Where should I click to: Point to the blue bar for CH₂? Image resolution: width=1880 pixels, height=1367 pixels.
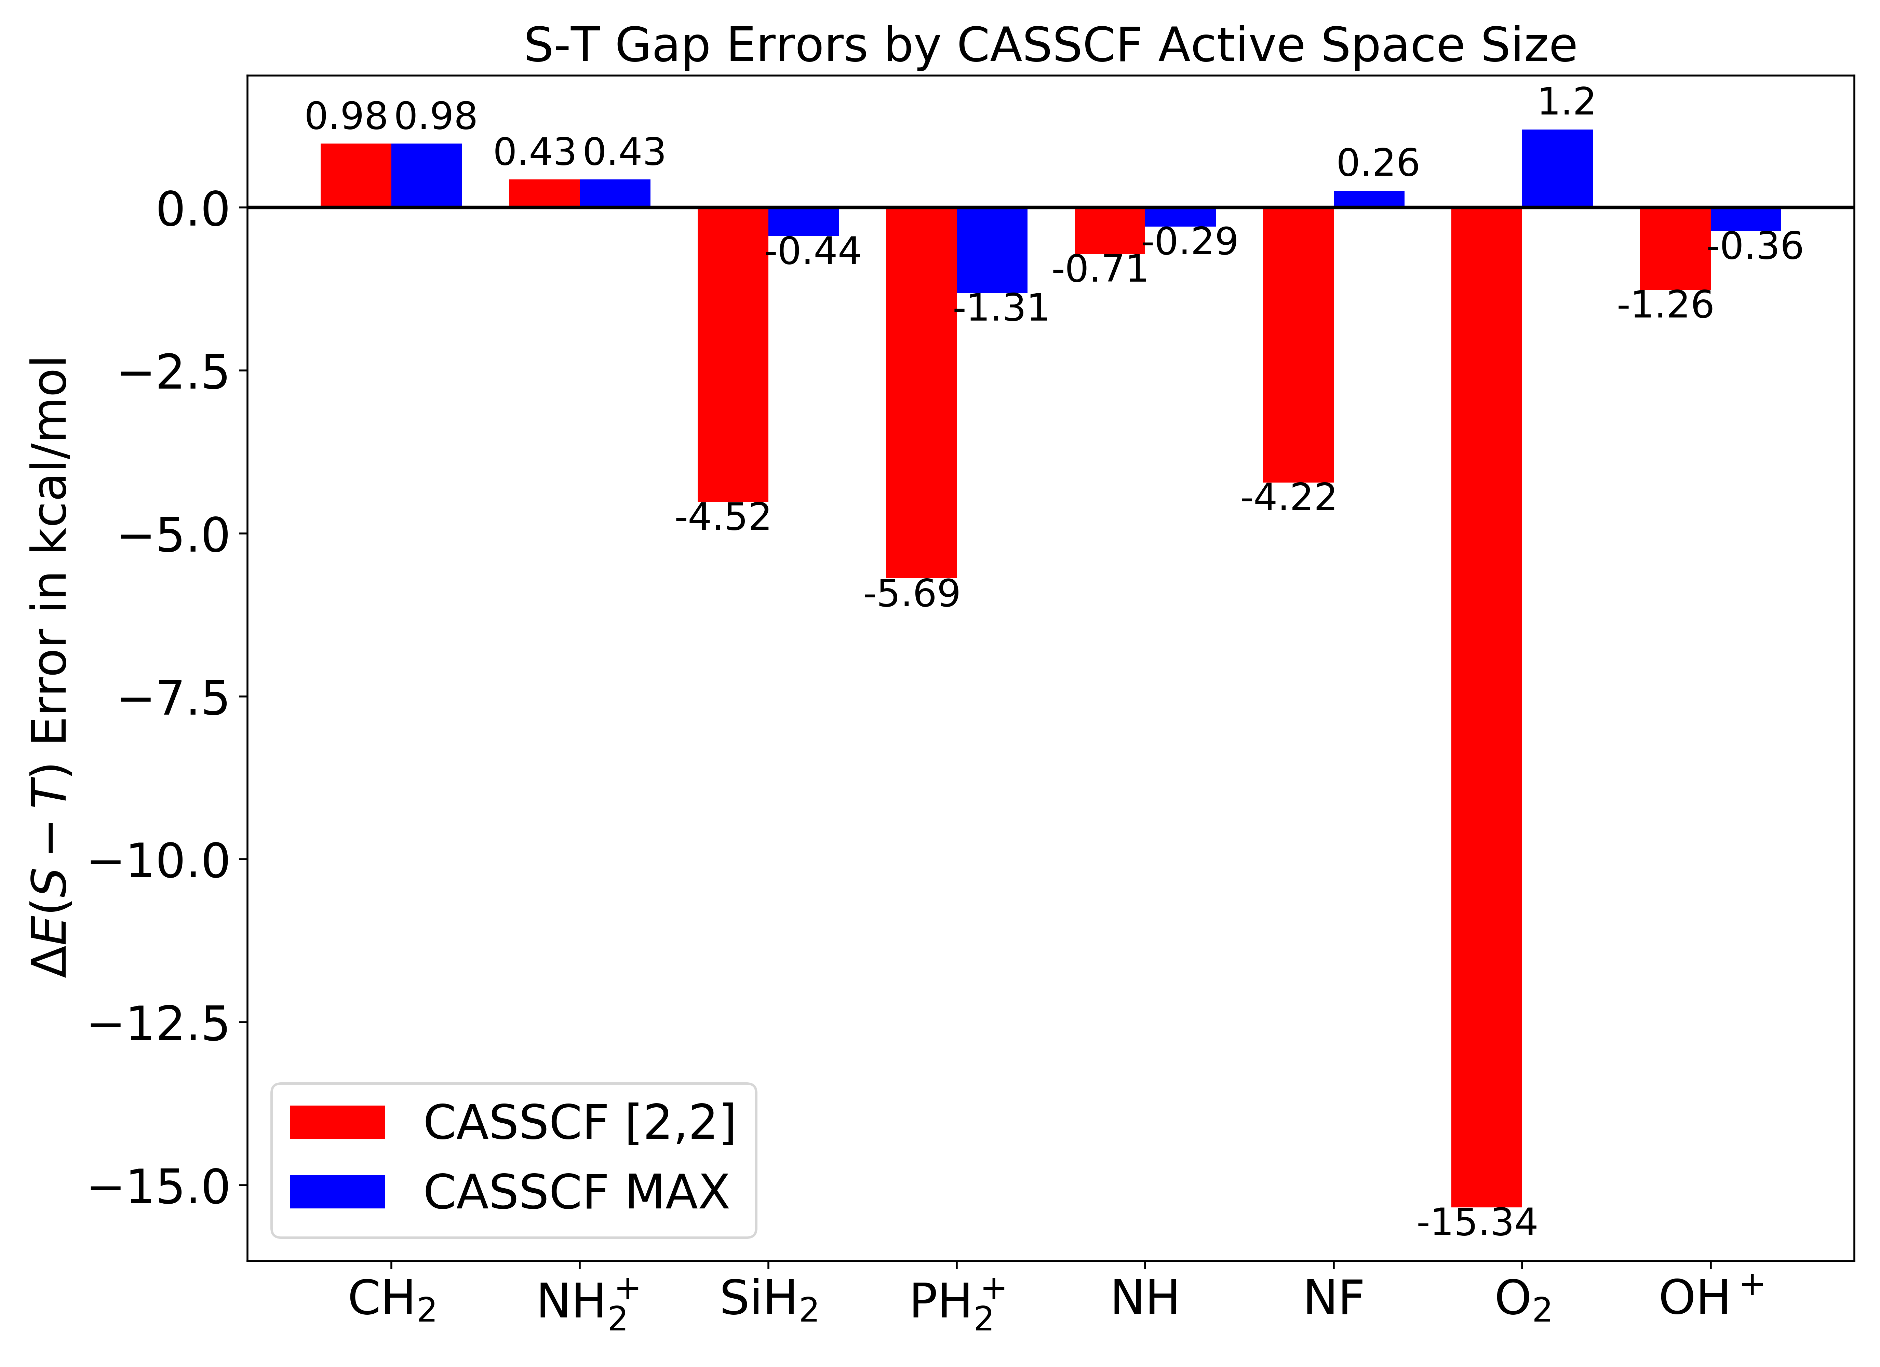[426, 175]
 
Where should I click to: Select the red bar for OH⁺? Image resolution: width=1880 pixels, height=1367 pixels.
[1675, 249]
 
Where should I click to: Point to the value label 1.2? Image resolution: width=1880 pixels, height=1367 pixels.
[1566, 102]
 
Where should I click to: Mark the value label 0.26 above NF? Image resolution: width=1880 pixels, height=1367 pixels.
[1378, 163]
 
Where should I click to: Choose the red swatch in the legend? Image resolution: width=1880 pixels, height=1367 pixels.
[337, 1122]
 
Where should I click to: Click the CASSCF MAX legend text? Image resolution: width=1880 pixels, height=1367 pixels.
[576, 1192]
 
